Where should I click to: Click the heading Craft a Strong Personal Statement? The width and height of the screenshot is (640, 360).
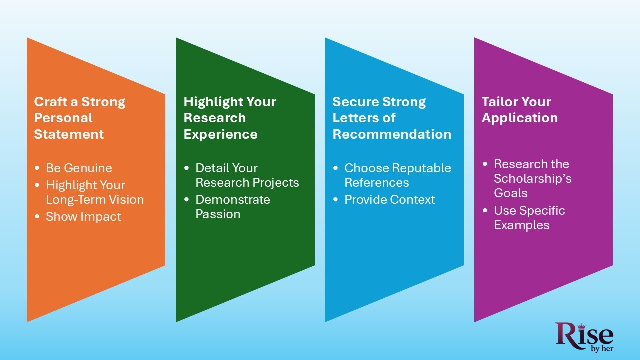tap(80, 118)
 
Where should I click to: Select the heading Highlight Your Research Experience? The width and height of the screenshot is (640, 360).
tap(229, 118)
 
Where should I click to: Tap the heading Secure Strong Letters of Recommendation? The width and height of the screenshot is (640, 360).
tap(391, 118)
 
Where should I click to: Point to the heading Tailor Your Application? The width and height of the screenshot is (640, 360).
tap(519, 110)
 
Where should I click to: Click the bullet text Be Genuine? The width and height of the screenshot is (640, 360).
tap(79, 168)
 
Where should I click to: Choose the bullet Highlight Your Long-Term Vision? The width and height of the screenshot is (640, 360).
tap(94, 192)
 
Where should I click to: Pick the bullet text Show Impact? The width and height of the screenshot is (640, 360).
tap(83, 217)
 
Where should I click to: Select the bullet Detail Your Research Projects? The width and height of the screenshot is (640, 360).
tap(247, 175)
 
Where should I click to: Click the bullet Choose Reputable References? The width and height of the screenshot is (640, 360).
tap(397, 175)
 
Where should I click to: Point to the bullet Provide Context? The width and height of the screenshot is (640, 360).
tap(389, 200)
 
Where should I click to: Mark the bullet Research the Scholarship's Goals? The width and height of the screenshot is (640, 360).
tap(532, 178)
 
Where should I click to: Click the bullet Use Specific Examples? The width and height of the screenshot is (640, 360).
tap(529, 218)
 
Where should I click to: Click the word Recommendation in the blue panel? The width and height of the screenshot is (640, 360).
tap(392, 134)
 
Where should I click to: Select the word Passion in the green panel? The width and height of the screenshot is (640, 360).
tap(218, 214)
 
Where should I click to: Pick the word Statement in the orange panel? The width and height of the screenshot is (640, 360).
tap(69, 134)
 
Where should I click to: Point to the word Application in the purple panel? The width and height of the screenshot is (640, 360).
tap(519, 118)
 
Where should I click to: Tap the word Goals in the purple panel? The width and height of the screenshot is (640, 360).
tap(511, 193)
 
